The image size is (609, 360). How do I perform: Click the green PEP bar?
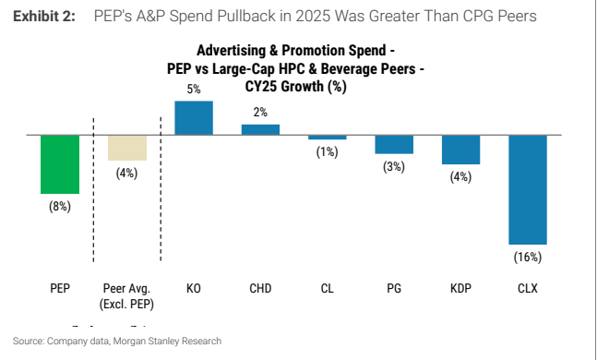pyautogui.click(x=60, y=164)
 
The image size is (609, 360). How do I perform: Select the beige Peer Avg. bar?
pyautogui.click(x=127, y=148)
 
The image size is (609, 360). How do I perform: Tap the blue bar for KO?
pyautogui.click(x=194, y=118)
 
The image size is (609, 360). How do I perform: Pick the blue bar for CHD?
pyautogui.click(x=260, y=130)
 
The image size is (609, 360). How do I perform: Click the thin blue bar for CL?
pyautogui.click(x=328, y=138)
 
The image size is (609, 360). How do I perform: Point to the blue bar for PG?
pyautogui.click(x=394, y=145)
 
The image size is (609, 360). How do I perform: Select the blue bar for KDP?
pyautogui.click(x=461, y=150)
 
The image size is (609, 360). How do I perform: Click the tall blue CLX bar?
pyautogui.click(x=528, y=190)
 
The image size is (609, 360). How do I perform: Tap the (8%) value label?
pyautogui.click(x=60, y=206)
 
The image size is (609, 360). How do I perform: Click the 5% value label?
pyautogui.click(x=194, y=89)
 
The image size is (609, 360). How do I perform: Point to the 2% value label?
pyautogui.click(x=260, y=113)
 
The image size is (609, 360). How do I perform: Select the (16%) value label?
pyautogui.click(x=528, y=258)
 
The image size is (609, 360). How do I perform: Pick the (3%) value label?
pyautogui.click(x=394, y=166)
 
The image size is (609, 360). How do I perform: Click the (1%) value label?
pyautogui.click(x=327, y=151)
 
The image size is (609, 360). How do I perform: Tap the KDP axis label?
pyautogui.click(x=460, y=289)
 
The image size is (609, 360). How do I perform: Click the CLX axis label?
pyautogui.click(x=528, y=289)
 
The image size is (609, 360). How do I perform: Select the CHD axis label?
pyautogui.click(x=260, y=289)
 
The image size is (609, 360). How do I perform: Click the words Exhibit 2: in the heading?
pyautogui.click(x=44, y=17)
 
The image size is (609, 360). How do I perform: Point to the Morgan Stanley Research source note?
pyautogui.click(x=167, y=341)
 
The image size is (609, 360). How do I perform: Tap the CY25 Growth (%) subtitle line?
pyautogui.click(x=295, y=86)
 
